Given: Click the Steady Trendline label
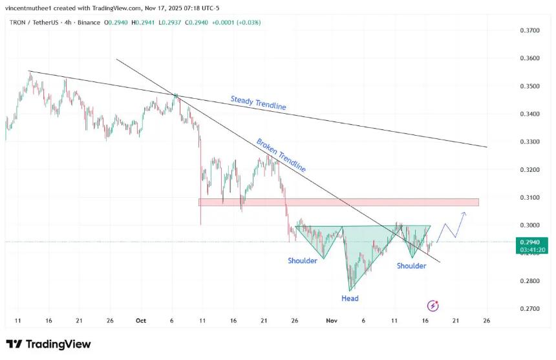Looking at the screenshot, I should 258,103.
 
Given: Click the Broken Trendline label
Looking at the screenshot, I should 281,155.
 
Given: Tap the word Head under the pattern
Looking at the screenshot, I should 350,299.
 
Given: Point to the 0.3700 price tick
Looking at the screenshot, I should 530,30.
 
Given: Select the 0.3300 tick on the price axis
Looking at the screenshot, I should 530,142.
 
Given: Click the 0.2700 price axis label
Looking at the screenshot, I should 530,309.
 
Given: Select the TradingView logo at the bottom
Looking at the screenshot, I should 48,344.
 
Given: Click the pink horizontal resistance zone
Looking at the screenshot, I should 339,202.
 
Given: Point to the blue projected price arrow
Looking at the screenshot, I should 453,226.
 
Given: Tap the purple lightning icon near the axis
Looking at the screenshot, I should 434,305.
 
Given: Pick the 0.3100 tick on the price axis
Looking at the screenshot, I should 530,197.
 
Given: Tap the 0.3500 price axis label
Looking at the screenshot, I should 530,86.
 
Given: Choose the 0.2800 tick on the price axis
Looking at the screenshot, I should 530,281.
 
